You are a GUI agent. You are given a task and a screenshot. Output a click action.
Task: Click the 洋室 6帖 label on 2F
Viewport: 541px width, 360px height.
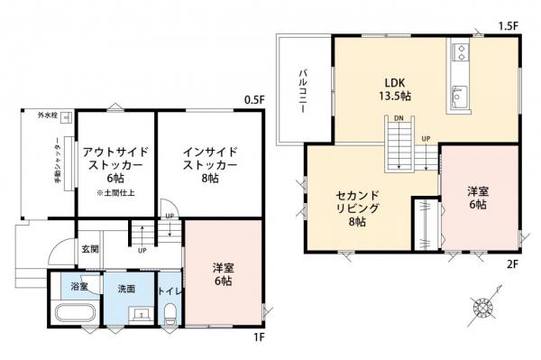478,198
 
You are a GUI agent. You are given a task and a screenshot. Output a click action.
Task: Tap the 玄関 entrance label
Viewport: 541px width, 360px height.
90,248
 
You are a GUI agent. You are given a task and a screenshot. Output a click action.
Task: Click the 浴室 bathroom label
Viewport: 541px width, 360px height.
78,287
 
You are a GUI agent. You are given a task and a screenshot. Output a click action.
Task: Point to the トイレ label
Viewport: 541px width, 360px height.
170,291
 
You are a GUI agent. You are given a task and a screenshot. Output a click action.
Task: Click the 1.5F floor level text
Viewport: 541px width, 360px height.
509,25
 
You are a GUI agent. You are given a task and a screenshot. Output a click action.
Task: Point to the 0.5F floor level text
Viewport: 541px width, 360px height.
255,99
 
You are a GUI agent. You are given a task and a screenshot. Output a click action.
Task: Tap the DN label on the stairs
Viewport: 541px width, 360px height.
398,117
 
